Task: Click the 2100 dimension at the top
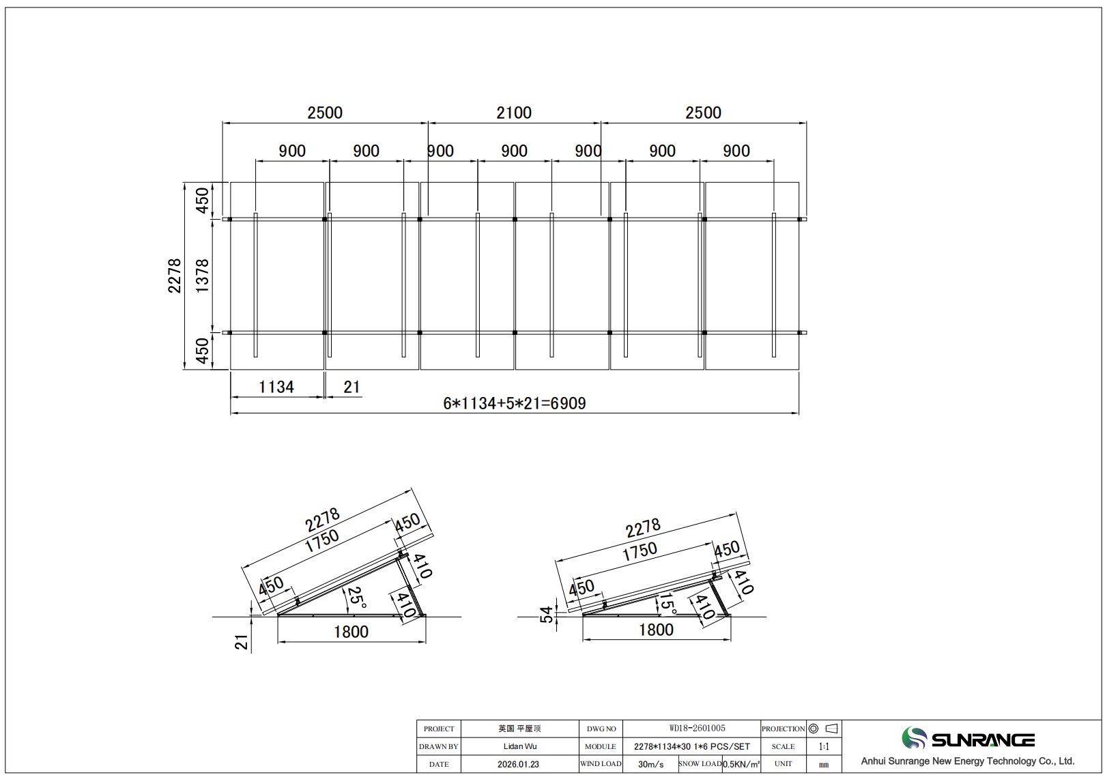pyautogui.click(x=513, y=113)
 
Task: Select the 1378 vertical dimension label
pyautogui.click(x=203, y=276)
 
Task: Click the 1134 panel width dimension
pyautogui.click(x=276, y=387)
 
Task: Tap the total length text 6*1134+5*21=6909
pyautogui.click(x=514, y=403)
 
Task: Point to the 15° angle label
pyautogui.click(x=667, y=603)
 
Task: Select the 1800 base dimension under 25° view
pyautogui.click(x=351, y=632)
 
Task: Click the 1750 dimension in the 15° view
pyautogui.click(x=640, y=551)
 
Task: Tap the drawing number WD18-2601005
pyautogui.click(x=691, y=729)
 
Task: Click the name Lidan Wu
pyautogui.click(x=520, y=746)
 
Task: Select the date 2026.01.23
pyautogui.click(x=519, y=764)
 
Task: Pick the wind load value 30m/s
pyautogui.click(x=650, y=764)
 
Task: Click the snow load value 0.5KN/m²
pyautogui.click(x=741, y=764)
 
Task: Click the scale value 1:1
pyautogui.click(x=823, y=746)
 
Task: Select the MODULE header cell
pyautogui.click(x=601, y=746)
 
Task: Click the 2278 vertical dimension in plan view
pyautogui.click(x=175, y=276)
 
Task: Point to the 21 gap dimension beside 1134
pyautogui.click(x=351, y=387)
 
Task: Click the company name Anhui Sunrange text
pyautogui.click(x=967, y=761)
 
